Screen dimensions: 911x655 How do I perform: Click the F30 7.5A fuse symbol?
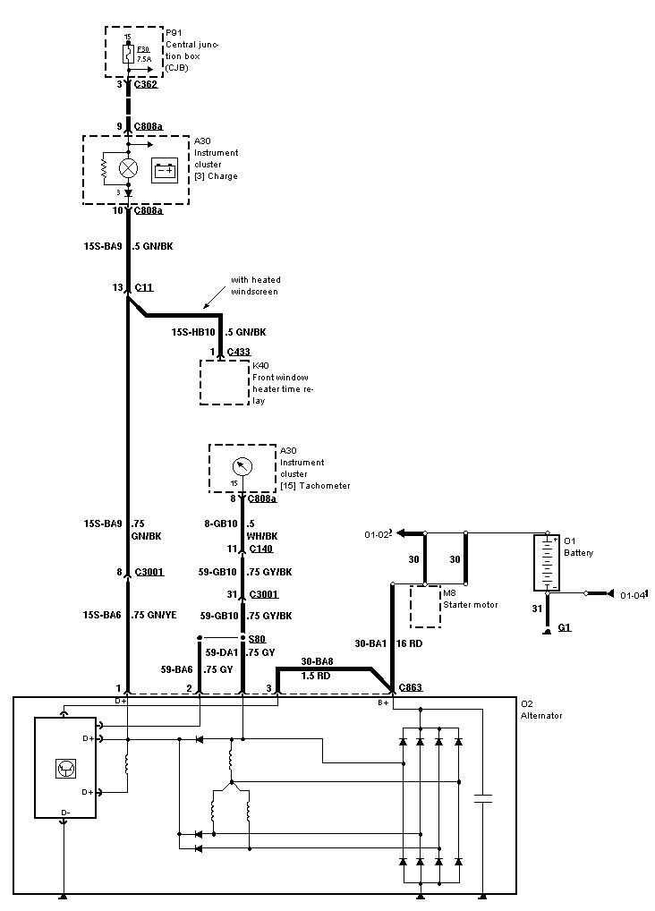(x=128, y=55)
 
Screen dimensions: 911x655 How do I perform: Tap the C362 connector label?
(x=145, y=84)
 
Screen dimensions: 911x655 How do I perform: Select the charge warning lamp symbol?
(x=128, y=167)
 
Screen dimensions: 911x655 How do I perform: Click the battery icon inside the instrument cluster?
(x=165, y=170)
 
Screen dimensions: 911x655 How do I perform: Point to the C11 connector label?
(x=144, y=287)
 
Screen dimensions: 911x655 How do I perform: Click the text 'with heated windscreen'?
(x=255, y=285)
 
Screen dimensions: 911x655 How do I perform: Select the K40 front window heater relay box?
(x=224, y=383)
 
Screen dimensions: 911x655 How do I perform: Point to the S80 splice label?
(x=257, y=638)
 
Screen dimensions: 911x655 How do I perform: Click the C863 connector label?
(x=411, y=687)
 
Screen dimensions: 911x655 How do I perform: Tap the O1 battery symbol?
(x=545, y=563)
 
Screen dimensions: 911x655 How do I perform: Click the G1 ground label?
(x=564, y=627)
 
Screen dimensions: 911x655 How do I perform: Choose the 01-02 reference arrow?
(x=407, y=534)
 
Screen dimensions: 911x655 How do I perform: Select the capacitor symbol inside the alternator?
(x=483, y=800)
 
